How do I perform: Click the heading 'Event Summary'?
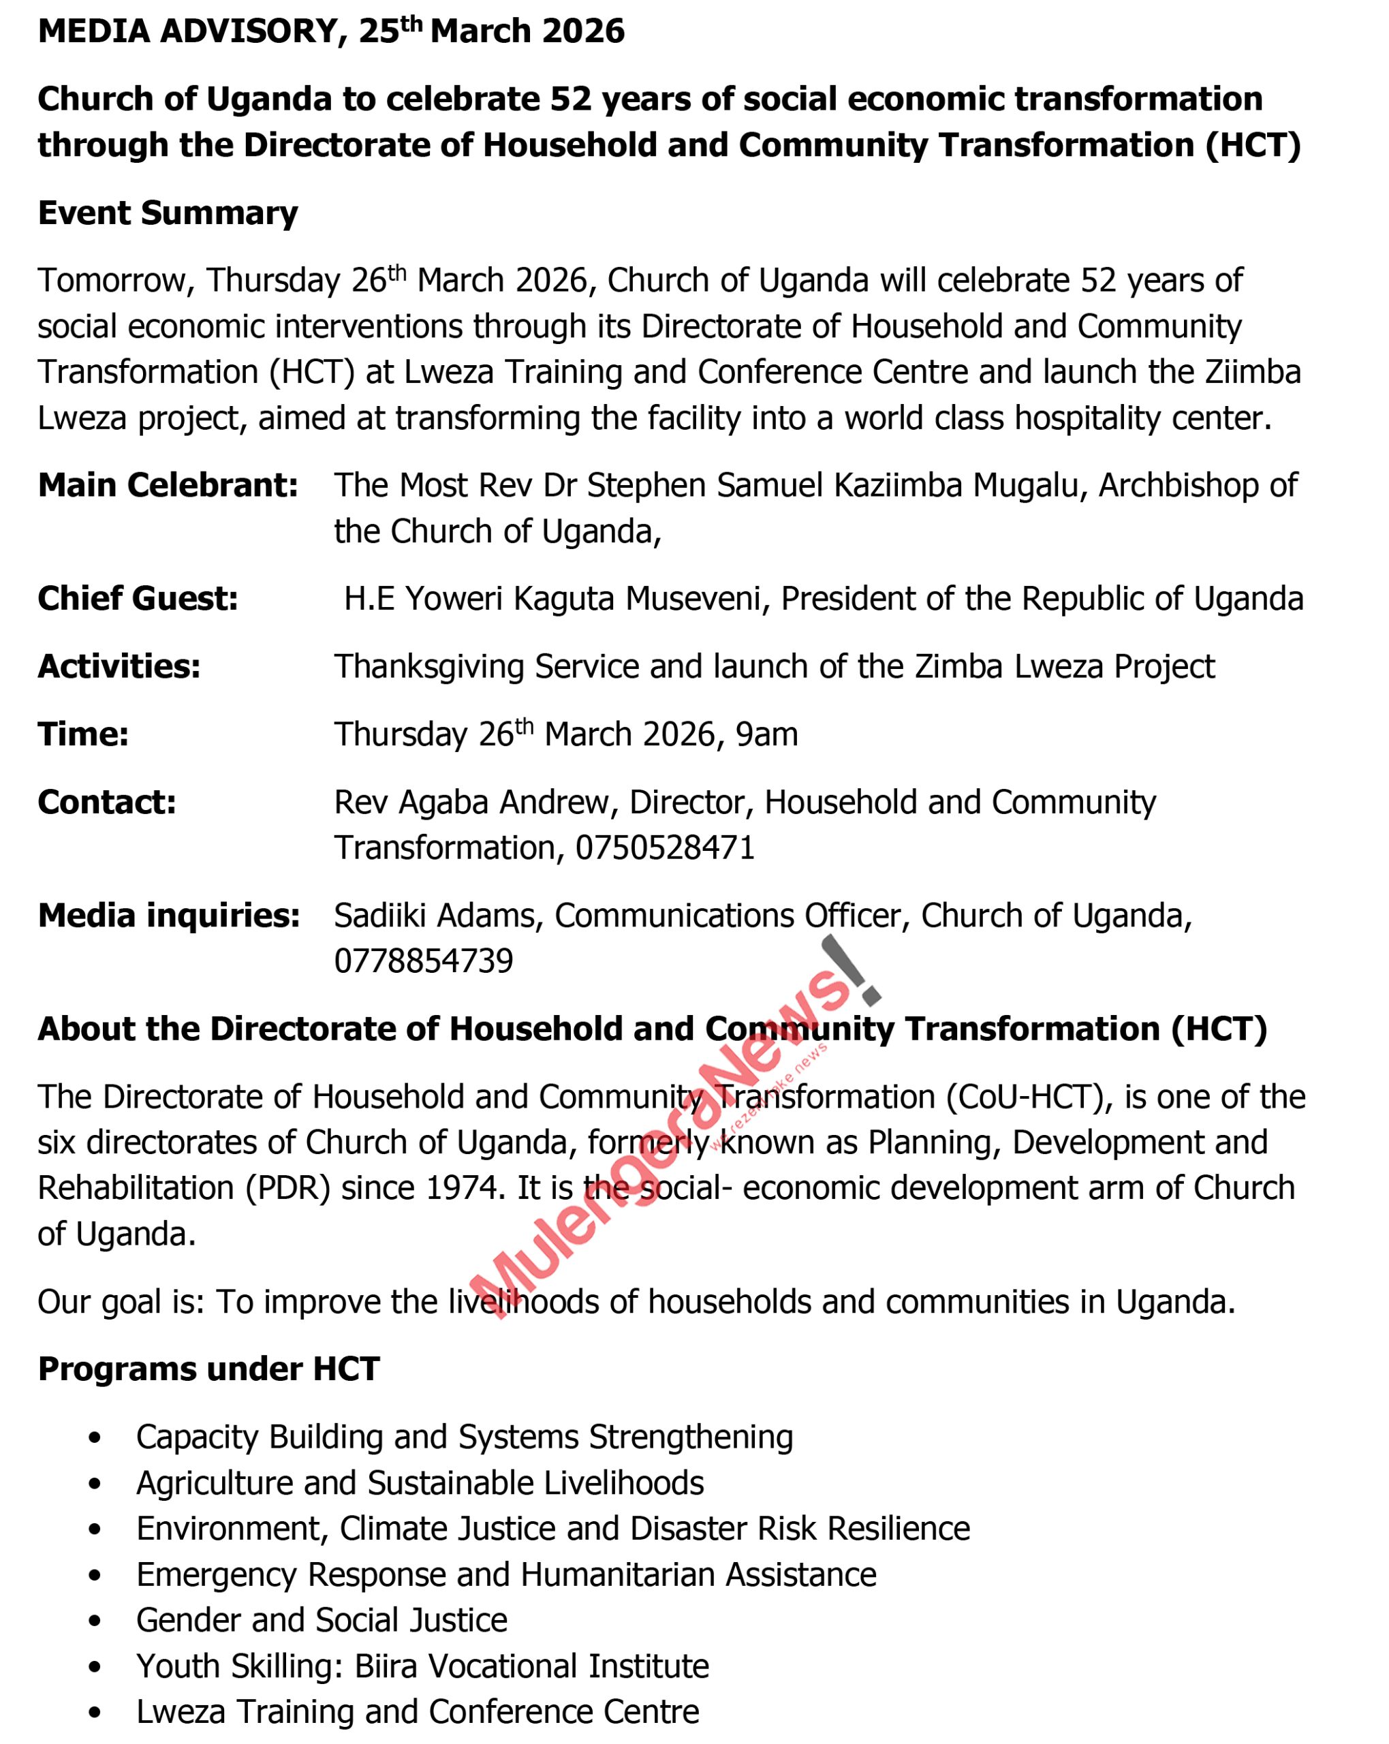click(x=168, y=213)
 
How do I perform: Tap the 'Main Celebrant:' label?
click(x=168, y=485)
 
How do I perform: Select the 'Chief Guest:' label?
click(x=138, y=599)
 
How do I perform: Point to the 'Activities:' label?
click(x=119, y=666)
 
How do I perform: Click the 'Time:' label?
click(x=83, y=734)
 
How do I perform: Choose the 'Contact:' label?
click(x=107, y=803)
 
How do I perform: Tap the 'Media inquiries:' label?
click(x=168, y=916)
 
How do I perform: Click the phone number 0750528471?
click(x=665, y=847)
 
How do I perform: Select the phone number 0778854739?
click(x=423, y=961)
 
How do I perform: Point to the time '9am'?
click(x=766, y=734)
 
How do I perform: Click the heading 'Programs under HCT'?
click(x=208, y=1369)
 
